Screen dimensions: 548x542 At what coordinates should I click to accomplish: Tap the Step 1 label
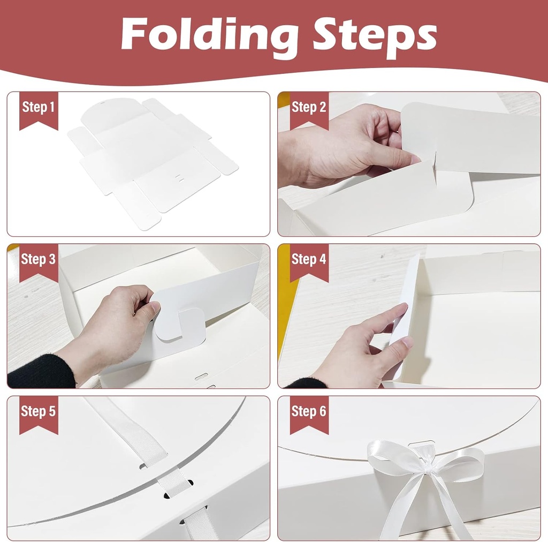(39, 107)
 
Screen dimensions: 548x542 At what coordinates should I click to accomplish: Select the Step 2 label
(309, 107)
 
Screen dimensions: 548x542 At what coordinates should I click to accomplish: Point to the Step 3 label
(39, 259)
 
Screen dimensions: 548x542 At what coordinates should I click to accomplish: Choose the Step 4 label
(309, 259)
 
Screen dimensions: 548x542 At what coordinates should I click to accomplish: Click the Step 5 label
(39, 411)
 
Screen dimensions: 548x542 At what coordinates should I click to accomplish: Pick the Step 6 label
(309, 411)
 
